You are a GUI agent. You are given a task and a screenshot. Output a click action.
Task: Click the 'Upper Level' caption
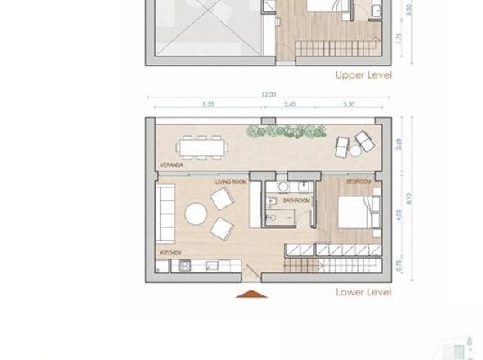point(363,75)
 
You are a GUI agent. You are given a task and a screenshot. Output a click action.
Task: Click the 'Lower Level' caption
point(363,292)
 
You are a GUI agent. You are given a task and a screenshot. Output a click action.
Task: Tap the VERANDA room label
point(171,164)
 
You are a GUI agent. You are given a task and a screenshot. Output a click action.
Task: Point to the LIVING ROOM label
point(231,182)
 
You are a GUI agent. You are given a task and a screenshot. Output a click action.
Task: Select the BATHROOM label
point(296,200)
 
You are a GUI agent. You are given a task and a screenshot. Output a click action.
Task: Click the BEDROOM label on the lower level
point(359,182)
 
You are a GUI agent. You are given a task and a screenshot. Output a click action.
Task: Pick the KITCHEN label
point(170,253)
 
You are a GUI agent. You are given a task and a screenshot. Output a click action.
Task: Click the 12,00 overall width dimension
point(269,94)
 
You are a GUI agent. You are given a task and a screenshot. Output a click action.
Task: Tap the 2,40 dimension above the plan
point(290,105)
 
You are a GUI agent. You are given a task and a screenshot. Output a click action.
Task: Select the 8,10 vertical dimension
point(410,199)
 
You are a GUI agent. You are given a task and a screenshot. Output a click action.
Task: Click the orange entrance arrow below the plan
point(252,293)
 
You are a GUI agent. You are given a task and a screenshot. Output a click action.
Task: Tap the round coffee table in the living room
point(196,214)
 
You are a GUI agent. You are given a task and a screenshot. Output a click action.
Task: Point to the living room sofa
point(165,214)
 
